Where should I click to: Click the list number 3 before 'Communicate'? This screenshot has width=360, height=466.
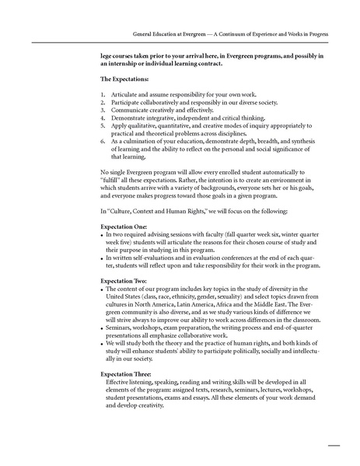pos(103,110)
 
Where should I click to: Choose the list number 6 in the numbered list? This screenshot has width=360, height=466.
pos(103,141)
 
